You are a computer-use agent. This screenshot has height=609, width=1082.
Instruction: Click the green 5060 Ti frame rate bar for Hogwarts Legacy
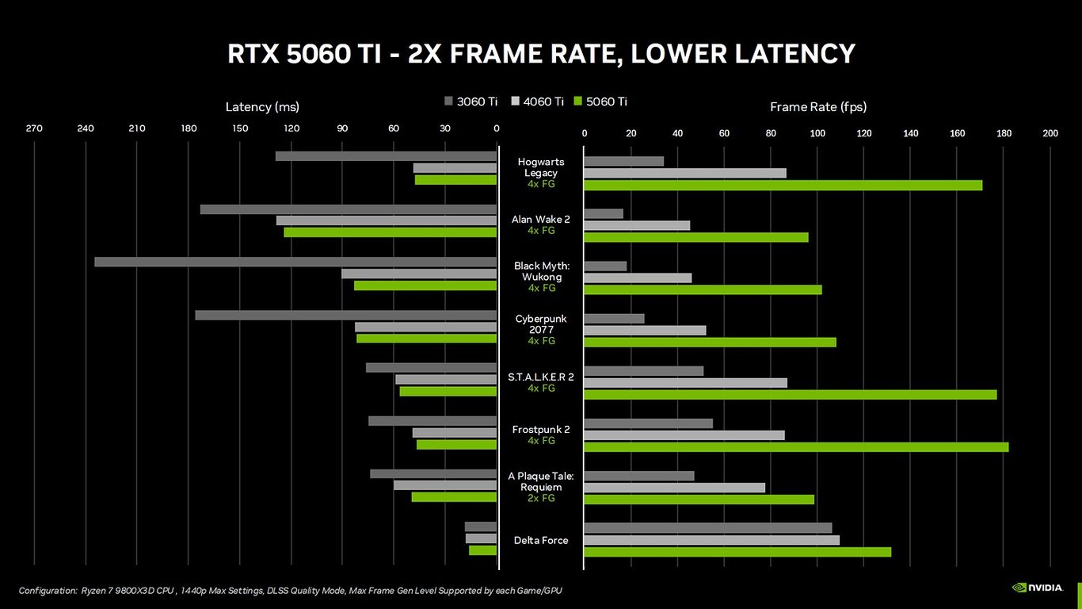tap(783, 186)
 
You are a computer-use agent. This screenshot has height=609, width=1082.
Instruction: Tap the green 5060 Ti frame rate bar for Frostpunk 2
tap(796, 447)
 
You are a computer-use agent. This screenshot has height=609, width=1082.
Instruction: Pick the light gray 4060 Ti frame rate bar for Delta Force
tap(711, 540)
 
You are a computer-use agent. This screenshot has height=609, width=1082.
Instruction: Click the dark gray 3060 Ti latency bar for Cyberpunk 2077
tap(345, 315)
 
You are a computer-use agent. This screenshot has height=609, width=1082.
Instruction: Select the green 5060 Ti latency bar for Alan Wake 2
tap(390, 232)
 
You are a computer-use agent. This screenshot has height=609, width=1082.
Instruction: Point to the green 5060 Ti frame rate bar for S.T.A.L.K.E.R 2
tap(790, 395)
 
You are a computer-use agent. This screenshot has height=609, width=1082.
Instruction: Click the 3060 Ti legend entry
tap(471, 101)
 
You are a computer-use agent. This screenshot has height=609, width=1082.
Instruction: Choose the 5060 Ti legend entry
tap(600, 101)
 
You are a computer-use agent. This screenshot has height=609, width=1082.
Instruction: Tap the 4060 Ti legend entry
tap(538, 101)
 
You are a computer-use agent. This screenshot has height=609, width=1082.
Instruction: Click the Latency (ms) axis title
tap(262, 107)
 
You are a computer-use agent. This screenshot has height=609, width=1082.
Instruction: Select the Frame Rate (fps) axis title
tap(818, 107)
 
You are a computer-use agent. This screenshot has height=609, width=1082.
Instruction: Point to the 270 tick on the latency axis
tap(34, 128)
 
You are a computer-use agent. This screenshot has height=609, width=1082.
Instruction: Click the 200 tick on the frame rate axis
tap(1050, 133)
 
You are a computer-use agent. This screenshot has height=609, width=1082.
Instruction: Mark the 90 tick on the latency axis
tap(342, 128)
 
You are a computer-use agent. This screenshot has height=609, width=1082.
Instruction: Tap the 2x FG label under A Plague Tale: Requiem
tap(541, 498)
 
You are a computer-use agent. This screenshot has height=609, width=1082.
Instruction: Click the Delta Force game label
tap(541, 540)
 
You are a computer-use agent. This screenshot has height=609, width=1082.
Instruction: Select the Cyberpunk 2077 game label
tap(541, 324)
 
